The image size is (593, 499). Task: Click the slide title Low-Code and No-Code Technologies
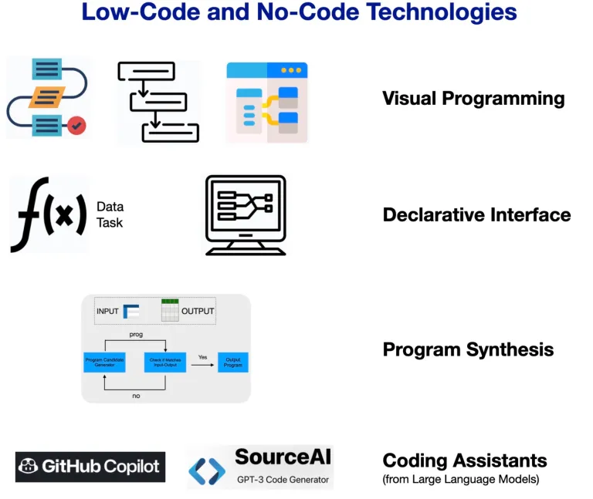coord(298,13)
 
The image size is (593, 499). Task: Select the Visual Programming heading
coord(473,99)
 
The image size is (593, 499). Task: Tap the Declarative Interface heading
coord(476,214)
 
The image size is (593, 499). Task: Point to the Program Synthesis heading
coord(468,349)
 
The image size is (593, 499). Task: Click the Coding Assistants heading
coord(465,460)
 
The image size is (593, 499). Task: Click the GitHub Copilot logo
coord(90,467)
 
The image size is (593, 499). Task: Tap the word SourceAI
coord(283,456)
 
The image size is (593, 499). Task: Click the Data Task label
coord(110,214)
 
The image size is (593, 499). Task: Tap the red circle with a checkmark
coord(76,126)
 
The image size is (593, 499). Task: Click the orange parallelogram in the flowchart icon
coord(46,97)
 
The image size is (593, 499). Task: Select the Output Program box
coord(232,362)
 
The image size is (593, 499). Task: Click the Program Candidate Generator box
coord(103,362)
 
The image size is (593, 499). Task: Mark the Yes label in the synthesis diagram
coord(203,356)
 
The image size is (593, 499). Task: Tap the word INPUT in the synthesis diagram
coord(108,312)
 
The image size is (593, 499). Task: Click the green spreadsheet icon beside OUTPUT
coord(170,310)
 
